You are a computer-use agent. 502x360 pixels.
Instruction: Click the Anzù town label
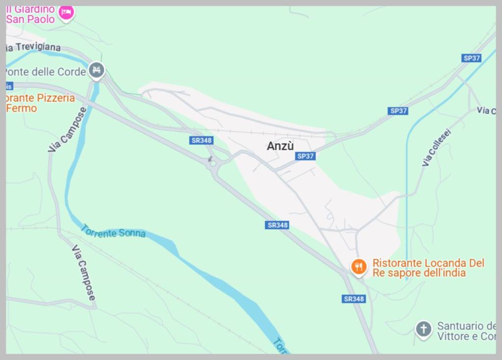coord(280,146)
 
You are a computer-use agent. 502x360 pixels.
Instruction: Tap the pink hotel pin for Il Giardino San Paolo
coord(66,13)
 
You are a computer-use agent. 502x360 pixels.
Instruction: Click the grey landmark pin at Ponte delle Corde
coord(96,71)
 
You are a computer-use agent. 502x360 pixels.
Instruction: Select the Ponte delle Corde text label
coord(46,72)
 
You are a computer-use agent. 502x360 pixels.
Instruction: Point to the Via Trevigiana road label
coord(33,47)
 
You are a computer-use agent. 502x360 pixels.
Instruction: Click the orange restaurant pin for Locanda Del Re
coord(359,267)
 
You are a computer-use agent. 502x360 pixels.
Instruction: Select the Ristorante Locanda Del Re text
coord(428,268)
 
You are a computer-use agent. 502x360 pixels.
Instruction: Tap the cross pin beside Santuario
coord(423,329)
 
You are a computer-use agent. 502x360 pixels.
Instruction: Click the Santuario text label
coord(466,331)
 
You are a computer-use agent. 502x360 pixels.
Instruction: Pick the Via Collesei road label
coord(436,147)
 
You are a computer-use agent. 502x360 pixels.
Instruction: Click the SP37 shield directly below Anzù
coord(305,156)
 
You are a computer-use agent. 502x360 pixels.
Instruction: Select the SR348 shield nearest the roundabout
coord(201,140)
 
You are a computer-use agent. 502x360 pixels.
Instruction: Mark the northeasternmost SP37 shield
coord(472,58)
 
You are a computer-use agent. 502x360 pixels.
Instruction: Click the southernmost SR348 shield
coord(353,299)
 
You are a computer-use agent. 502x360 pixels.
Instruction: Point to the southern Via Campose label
coord(84,272)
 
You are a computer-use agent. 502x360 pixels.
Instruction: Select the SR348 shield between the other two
coord(277,225)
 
